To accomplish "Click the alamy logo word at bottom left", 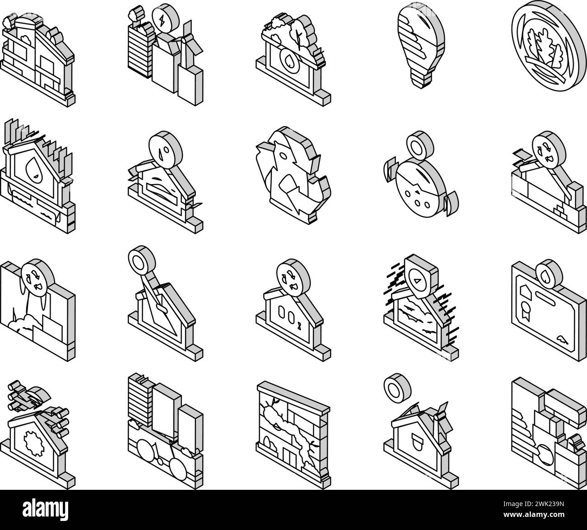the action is pos(46,509).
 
